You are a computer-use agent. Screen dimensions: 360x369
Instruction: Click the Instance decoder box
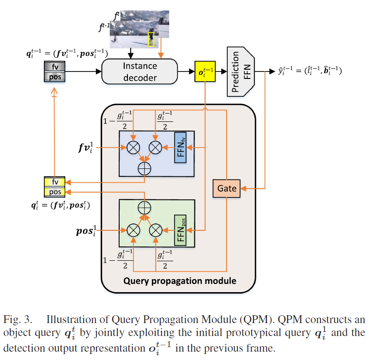[x=139, y=72]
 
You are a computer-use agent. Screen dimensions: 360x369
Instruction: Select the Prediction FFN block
[x=241, y=71]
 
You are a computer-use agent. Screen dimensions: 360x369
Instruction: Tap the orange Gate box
[x=227, y=188]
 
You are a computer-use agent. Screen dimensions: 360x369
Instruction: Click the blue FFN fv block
[x=180, y=147]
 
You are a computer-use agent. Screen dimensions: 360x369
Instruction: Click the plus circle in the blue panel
[x=145, y=168]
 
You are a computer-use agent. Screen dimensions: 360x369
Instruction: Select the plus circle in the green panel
[x=145, y=207]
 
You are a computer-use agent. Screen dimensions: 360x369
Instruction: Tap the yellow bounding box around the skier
[x=151, y=39]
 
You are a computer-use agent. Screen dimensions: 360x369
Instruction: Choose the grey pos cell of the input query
[x=54, y=77]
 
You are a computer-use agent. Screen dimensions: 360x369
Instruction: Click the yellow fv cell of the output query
[x=54, y=182]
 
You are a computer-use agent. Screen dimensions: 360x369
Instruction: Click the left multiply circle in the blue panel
[x=133, y=147]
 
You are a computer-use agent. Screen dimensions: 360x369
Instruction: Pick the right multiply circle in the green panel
[x=156, y=229]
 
